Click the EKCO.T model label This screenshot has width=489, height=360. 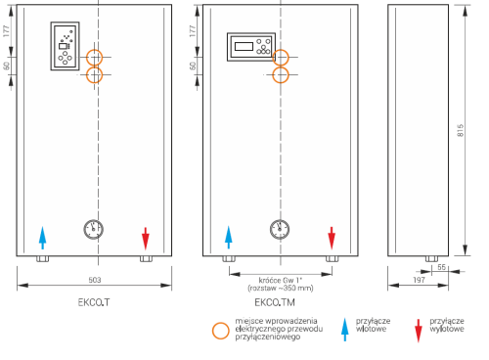(94, 302)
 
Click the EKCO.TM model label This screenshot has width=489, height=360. (275, 302)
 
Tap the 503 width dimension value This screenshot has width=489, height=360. (95, 280)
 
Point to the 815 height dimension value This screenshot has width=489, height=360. (461, 130)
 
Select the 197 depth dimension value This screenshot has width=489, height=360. (419, 280)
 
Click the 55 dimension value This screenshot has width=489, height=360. (441, 267)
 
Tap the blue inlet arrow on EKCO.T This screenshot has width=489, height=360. (42, 238)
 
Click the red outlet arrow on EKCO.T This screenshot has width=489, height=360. (146, 239)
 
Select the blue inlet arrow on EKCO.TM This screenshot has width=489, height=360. (229, 238)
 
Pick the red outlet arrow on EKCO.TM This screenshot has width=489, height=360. (332, 238)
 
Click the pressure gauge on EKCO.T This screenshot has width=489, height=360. (94, 229)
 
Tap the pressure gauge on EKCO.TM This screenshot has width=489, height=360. (280, 229)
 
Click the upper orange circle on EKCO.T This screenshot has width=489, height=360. (94, 49)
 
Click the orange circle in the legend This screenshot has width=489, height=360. (221, 323)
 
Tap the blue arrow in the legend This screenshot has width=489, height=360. (345, 330)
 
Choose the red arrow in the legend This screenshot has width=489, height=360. (419, 331)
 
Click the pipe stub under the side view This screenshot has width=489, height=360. (431, 259)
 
